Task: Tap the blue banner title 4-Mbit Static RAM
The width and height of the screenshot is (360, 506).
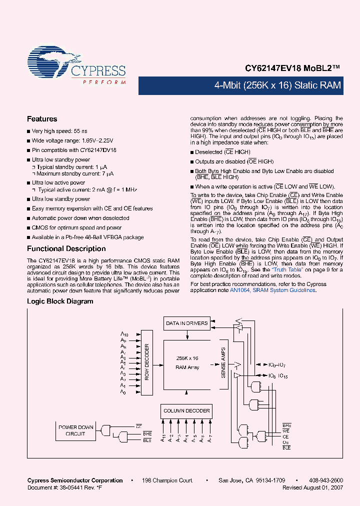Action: tap(277, 85)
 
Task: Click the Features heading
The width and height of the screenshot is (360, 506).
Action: tap(42, 119)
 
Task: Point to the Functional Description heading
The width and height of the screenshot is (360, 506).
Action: tap(66, 248)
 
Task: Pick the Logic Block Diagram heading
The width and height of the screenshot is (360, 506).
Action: tap(60, 301)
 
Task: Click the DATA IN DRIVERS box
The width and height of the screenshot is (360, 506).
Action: tap(186, 323)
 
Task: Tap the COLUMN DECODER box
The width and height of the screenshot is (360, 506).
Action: tap(186, 411)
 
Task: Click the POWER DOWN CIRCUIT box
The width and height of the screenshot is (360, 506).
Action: tap(75, 430)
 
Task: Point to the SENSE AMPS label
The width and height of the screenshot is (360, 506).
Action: tap(223, 362)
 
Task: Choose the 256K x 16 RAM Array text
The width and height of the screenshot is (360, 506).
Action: tap(187, 362)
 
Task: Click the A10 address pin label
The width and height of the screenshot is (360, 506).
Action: tap(124, 334)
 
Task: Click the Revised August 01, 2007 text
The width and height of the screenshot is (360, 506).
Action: tap(312, 487)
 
